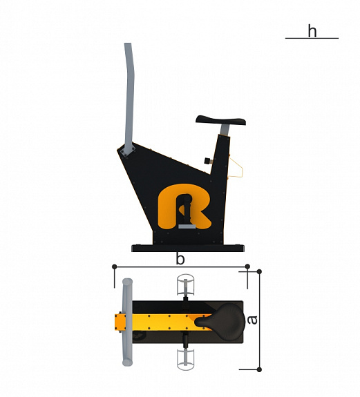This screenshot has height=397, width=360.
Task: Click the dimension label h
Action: tap(312, 31)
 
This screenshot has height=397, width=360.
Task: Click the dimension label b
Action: tap(180, 259)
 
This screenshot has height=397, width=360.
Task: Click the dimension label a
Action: tap(252, 320)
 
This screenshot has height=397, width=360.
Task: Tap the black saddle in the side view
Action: tap(220, 120)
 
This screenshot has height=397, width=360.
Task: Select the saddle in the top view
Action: tap(220, 321)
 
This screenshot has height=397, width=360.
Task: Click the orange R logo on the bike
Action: tap(184, 206)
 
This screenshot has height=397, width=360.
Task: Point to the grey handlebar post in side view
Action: tap(129, 96)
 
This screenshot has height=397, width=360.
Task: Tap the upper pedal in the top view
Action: tap(186, 285)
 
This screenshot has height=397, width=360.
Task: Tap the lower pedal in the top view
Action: tap(186, 360)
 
